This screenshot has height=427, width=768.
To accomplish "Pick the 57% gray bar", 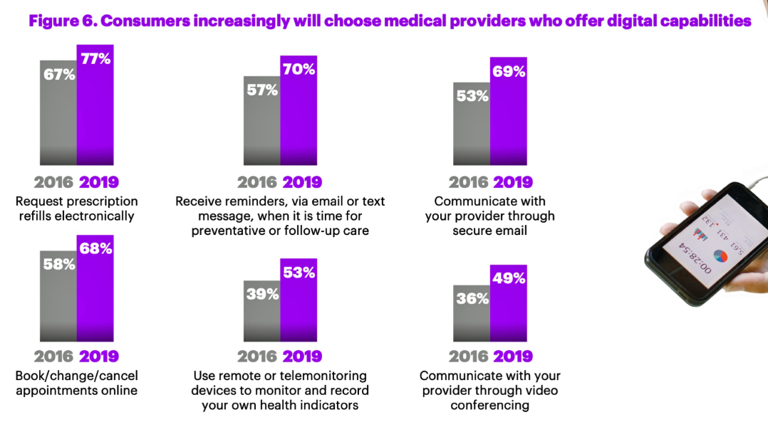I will click(261, 120).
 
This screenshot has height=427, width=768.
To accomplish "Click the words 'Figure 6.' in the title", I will click(61, 21).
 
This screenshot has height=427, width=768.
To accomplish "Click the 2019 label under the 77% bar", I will click(98, 181).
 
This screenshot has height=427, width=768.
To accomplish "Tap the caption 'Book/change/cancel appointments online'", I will click(77, 383).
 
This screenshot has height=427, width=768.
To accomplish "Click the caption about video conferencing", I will click(490, 390).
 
